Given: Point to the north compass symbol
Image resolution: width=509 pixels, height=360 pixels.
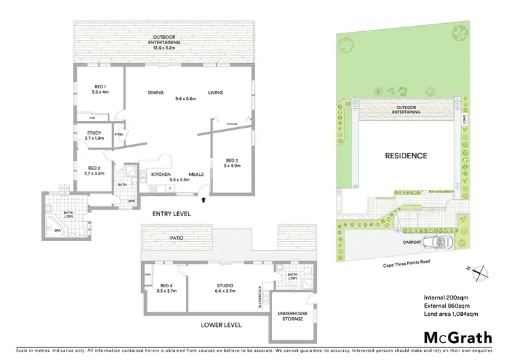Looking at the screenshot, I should click(x=481, y=272).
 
